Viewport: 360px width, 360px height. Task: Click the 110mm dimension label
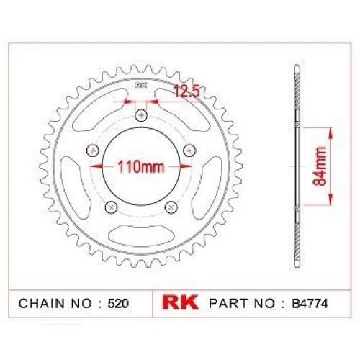pos(141,166)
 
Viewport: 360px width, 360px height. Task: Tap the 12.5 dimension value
pos(186,91)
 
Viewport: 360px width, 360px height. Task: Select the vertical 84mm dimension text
pos(320,166)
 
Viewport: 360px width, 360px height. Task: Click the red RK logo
pos(180,302)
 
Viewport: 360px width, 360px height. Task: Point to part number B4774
pos(310,304)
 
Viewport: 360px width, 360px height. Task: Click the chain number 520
pos(118,304)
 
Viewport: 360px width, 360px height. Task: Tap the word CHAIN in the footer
pos(42,304)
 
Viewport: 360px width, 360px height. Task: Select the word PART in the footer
pos(228,304)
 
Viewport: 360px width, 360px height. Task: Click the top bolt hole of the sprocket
pos(142,116)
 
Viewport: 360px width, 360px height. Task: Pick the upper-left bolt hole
pos(93,150)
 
